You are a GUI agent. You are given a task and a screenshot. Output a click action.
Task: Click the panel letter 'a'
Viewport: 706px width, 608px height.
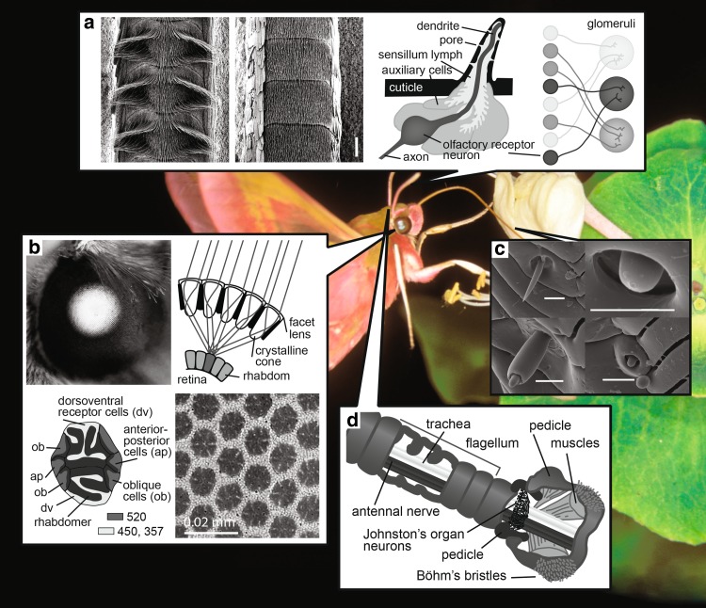point(89,23)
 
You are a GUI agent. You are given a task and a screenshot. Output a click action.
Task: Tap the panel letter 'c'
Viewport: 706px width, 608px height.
point(500,248)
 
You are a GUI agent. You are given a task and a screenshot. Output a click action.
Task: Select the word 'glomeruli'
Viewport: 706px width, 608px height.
point(611,24)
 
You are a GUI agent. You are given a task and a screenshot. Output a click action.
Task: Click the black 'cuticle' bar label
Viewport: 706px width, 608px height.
point(406,88)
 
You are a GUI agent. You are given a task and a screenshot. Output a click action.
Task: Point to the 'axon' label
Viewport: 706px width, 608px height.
point(415,157)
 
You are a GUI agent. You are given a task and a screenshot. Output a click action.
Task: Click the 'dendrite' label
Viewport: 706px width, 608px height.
point(438,25)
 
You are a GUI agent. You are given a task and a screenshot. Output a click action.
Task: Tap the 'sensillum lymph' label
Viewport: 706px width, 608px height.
point(420,55)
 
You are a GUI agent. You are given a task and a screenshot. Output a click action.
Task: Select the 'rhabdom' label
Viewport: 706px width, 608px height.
point(266,376)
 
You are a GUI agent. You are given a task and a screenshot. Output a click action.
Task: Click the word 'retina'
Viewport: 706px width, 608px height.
point(192,379)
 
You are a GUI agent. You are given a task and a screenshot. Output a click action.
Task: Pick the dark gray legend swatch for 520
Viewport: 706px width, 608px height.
point(115,517)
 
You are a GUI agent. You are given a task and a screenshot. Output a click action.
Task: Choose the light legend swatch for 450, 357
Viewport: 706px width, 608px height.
point(106,531)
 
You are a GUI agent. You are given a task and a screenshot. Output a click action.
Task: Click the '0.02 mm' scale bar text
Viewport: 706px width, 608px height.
point(210,522)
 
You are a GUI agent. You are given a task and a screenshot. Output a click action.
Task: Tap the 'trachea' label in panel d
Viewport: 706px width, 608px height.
point(448,424)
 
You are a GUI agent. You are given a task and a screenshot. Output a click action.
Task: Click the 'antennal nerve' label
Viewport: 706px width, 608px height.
point(395,511)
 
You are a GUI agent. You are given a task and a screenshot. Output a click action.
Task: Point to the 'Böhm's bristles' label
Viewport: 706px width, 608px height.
point(461,575)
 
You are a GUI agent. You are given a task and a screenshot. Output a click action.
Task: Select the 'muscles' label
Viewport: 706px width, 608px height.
point(575,443)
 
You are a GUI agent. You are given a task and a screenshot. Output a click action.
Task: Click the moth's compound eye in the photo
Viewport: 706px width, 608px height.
point(402,224)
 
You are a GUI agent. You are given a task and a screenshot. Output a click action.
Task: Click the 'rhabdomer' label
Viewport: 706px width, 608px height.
point(62,521)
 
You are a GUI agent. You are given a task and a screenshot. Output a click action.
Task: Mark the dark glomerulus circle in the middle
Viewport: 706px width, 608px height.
point(617,93)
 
